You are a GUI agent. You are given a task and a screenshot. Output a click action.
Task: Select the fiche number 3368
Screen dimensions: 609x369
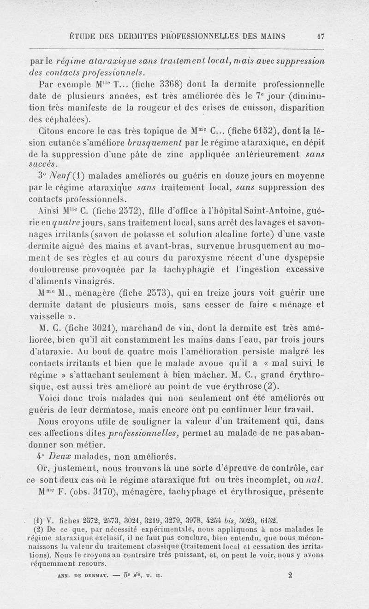159,84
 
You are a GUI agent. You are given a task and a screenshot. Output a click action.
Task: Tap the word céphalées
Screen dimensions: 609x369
78,120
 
